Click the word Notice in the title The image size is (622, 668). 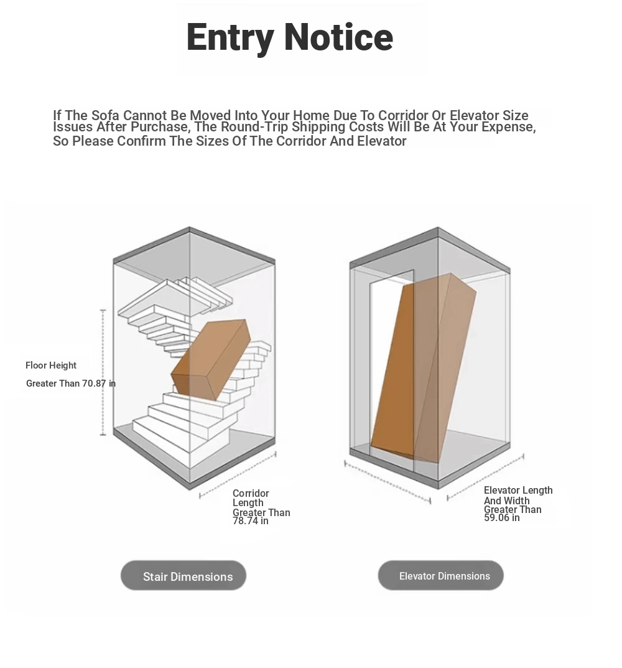[338, 37]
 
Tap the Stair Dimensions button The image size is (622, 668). [183, 576]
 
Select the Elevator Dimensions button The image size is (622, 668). [440, 576]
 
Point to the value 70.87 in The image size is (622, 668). [99, 383]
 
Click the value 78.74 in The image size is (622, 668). [250, 521]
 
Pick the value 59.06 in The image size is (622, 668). [502, 518]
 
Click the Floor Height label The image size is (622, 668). [51, 365]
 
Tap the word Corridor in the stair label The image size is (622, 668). [251, 493]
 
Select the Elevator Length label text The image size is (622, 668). [518, 491]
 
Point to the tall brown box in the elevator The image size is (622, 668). [424, 369]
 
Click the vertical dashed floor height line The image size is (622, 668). [103, 372]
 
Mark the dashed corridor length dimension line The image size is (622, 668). [238, 476]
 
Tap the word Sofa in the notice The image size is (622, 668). [105, 115]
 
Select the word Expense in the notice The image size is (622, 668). [508, 127]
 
